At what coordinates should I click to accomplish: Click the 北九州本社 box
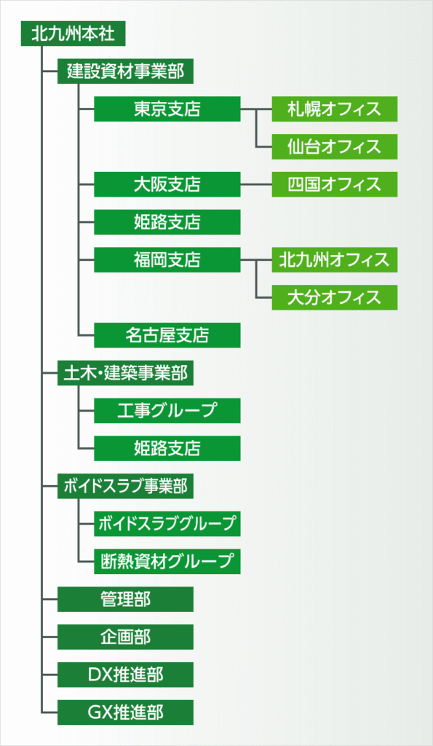(73, 34)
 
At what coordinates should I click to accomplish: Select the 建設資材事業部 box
(125, 71)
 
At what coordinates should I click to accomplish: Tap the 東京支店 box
(167, 109)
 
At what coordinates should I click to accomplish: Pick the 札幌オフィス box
(335, 109)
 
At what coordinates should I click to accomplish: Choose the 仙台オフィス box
(335, 146)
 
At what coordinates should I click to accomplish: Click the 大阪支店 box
(167, 184)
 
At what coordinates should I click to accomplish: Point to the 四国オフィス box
(335, 184)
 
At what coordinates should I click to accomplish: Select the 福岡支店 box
(167, 260)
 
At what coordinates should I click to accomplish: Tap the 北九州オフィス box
(335, 260)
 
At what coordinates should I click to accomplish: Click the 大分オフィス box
(335, 297)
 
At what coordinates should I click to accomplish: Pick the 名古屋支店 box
(167, 335)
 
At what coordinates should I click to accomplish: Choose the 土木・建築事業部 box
(125, 372)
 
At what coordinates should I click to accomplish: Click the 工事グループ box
(167, 411)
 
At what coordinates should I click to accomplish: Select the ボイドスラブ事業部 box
(125, 486)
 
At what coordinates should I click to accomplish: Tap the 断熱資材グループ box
(167, 562)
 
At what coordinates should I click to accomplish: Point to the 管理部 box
(125, 599)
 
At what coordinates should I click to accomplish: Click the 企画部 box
(125, 637)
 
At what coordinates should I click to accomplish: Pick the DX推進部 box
(125, 675)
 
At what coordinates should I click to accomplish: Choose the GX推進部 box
(125, 712)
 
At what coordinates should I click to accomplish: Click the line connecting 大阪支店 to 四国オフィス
(256, 184)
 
